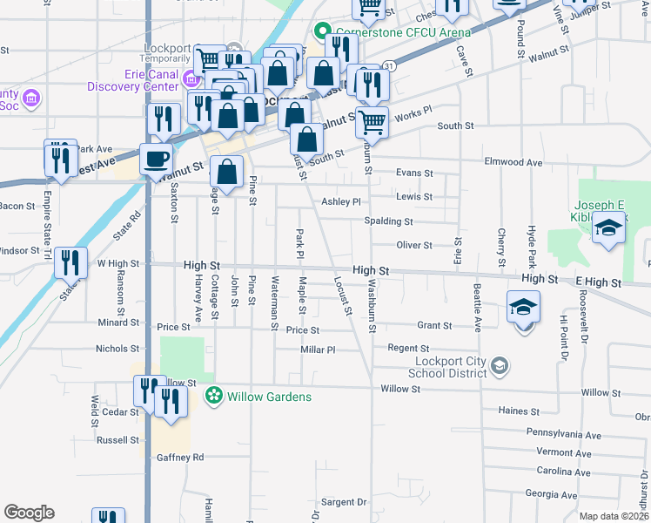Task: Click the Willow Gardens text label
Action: pos(270,397)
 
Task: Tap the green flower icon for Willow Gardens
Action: pos(213,397)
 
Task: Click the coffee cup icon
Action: pos(156,160)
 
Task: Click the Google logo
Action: pos(29,513)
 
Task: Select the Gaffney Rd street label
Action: pos(180,457)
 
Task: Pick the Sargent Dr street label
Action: pos(344,502)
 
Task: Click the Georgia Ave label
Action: pos(551,494)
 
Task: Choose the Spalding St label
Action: pos(388,221)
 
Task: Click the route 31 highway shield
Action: pos(389,66)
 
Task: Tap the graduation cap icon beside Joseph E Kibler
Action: pos(608,229)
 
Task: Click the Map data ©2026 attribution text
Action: pos(614,516)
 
